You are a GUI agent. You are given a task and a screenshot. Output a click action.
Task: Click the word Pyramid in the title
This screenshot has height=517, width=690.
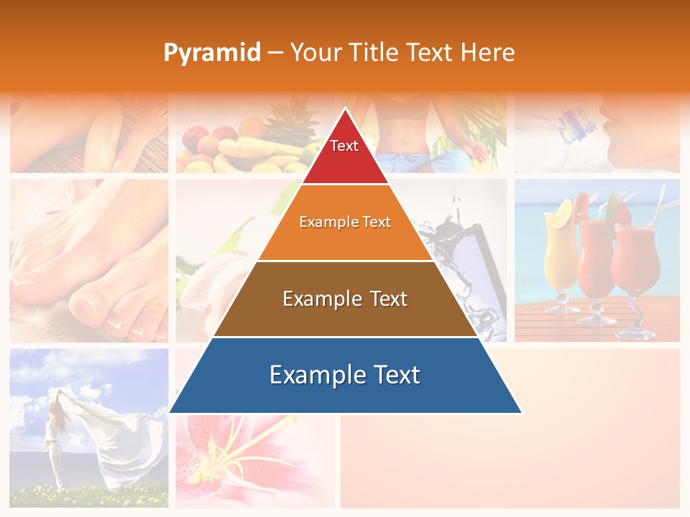pyautogui.click(x=212, y=53)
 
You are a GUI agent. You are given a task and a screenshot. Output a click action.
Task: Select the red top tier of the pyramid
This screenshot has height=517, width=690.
pyautogui.click(x=345, y=154)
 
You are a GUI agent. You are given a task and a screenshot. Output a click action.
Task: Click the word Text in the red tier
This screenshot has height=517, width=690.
pyautogui.click(x=344, y=146)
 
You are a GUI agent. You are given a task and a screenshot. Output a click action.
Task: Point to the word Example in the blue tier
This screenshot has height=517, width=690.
pyautogui.click(x=313, y=375)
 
